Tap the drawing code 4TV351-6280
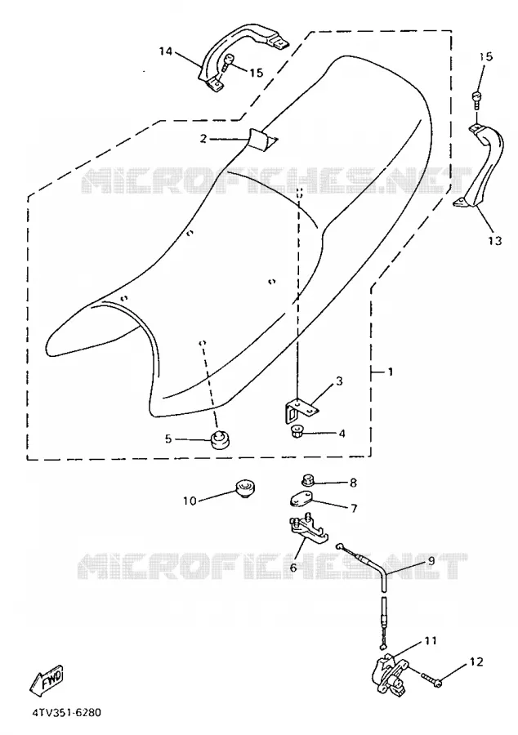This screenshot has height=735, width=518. coord(66,713)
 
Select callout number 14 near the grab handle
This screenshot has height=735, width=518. coord(166,51)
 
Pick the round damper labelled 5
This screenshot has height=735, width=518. coord(217,439)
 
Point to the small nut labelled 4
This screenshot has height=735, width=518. coord(297,430)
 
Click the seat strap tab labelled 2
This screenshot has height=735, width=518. coord(261,139)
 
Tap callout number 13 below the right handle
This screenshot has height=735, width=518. coord(494,240)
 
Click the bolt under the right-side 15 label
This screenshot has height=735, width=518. coord(476,100)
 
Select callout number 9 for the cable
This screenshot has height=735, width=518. coord(431,560)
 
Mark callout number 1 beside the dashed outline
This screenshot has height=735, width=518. coord(391,372)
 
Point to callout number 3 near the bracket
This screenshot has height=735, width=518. coord(339,381)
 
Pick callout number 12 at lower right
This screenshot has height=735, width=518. coord(476,661)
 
